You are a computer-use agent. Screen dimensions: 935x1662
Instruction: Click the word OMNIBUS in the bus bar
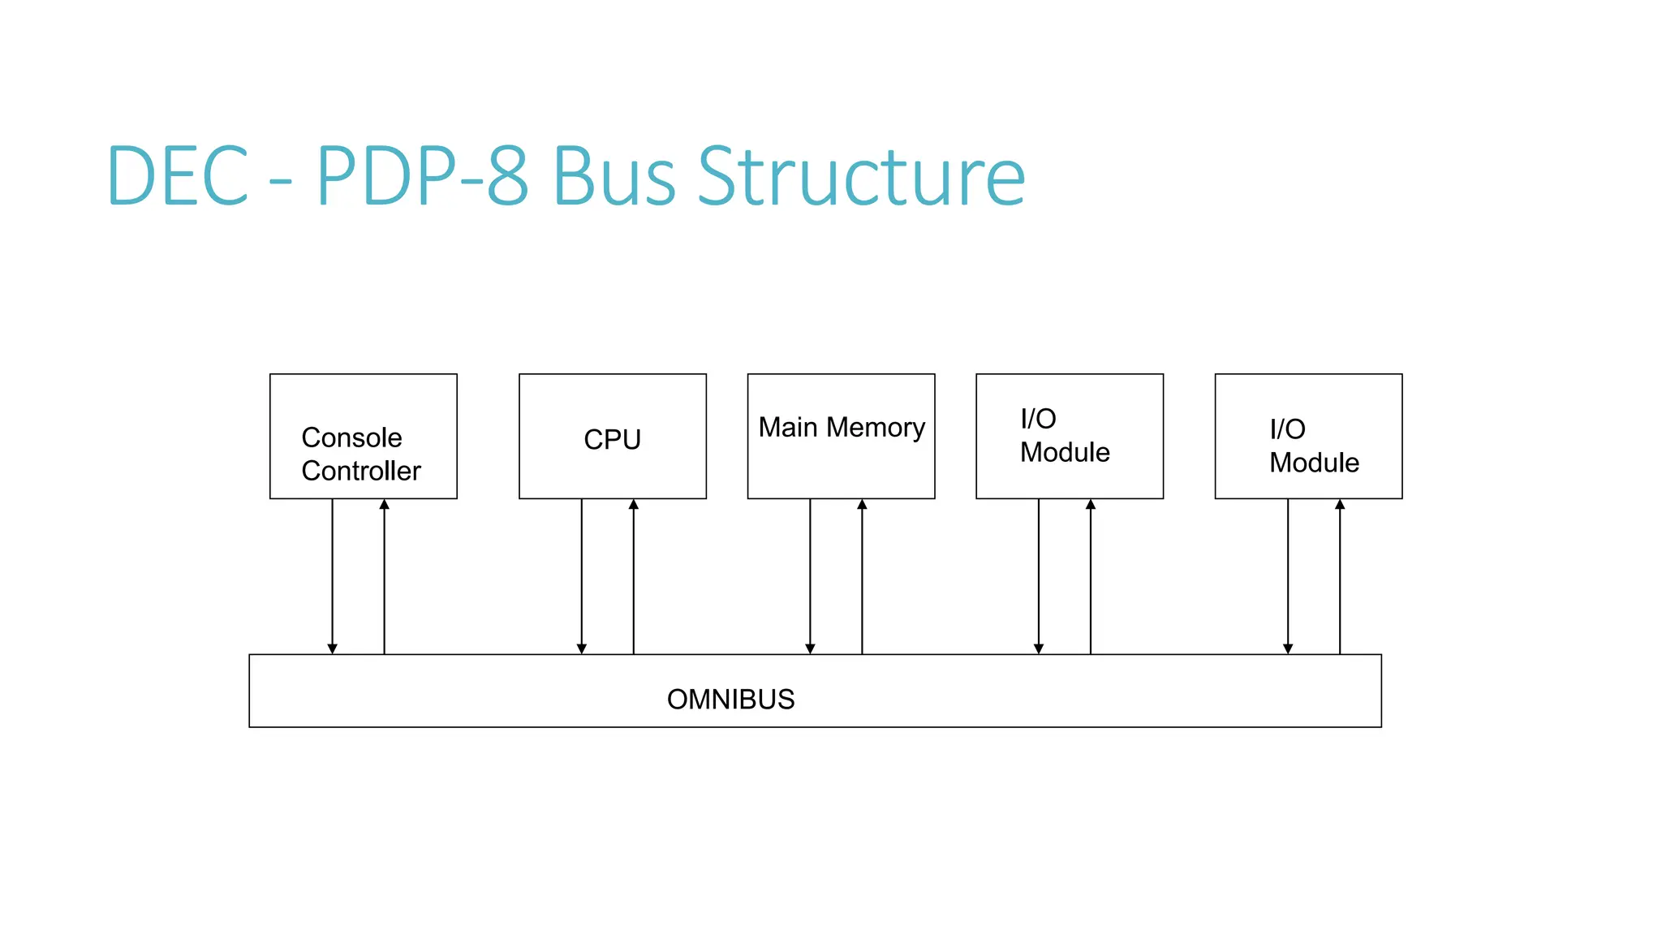pyautogui.click(x=730, y=699)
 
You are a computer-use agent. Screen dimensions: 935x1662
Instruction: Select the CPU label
pyautogui.click(x=612, y=439)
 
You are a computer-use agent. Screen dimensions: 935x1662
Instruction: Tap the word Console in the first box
pyautogui.click(x=351, y=437)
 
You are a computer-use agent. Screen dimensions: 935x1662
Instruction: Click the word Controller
pyautogui.click(x=361, y=471)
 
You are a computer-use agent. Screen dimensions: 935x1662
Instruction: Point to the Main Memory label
pyautogui.click(x=841, y=427)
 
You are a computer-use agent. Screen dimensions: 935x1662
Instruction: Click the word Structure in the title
pyautogui.click(x=861, y=176)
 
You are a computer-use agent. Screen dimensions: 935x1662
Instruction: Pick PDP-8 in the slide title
pyautogui.click(x=422, y=176)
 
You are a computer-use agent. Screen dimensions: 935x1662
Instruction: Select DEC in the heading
pyautogui.click(x=177, y=176)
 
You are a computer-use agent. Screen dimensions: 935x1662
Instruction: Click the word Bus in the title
pyautogui.click(x=614, y=176)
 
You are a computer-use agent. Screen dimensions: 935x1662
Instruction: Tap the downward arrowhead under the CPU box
pyautogui.click(x=581, y=648)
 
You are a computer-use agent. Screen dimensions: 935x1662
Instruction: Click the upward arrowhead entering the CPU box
pyautogui.click(x=634, y=505)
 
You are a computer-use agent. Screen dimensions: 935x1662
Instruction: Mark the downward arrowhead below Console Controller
pyautogui.click(x=332, y=648)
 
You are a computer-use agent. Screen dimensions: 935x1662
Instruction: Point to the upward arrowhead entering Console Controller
pyautogui.click(x=385, y=505)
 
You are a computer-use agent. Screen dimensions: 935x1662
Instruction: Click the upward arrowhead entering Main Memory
pyautogui.click(x=862, y=505)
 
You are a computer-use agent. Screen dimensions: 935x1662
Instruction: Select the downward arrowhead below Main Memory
pyautogui.click(x=810, y=648)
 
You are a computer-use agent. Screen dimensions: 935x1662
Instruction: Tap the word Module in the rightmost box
pyautogui.click(x=1314, y=463)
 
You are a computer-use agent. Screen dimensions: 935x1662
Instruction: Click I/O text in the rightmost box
pyautogui.click(x=1287, y=429)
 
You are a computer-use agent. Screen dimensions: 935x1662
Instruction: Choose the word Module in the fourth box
pyautogui.click(x=1065, y=452)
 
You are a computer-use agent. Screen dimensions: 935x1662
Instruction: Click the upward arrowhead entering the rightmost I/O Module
pyautogui.click(x=1340, y=505)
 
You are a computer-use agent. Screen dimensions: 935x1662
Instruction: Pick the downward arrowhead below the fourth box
pyautogui.click(x=1039, y=648)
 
